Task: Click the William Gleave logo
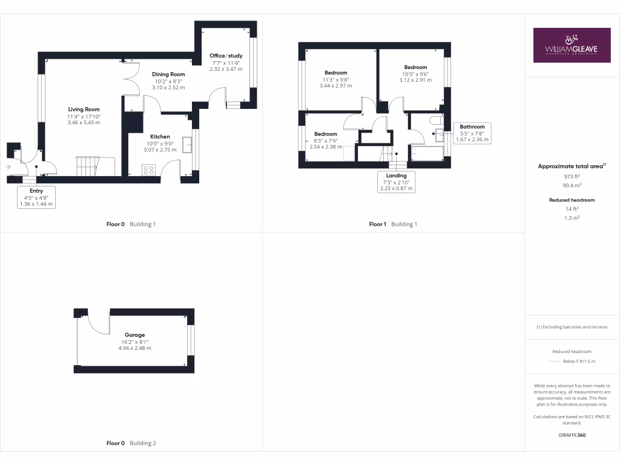click(x=572, y=45)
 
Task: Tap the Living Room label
click(x=84, y=110)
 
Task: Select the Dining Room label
click(x=168, y=74)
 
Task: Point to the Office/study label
click(x=226, y=56)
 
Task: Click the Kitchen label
click(x=160, y=137)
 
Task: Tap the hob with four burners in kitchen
click(x=149, y=170)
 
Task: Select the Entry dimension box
click(x=36, y=197)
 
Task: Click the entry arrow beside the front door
click(x=8, y=167)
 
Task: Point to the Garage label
click(x=134, y=335)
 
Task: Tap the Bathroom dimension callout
click(x=472, y=133)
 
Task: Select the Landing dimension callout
click(x=397, y=182)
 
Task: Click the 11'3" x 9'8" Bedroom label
click(x=335, y=73)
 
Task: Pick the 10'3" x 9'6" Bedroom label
click(x=415, y=67)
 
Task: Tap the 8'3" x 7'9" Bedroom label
click(x=325, y=134)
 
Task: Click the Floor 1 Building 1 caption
click(x=393, y=224)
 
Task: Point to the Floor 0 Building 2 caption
click(x=131, y=443)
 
